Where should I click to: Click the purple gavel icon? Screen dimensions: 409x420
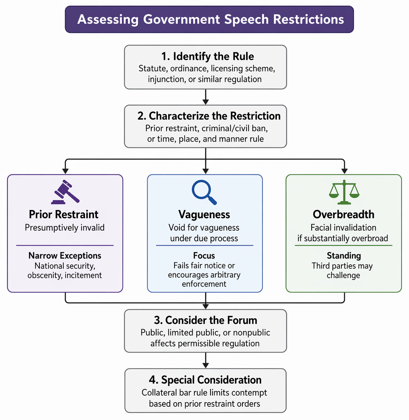point(65,192)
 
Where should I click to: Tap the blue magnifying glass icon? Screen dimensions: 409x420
point(204,192)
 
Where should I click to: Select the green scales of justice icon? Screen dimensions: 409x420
point(344,192)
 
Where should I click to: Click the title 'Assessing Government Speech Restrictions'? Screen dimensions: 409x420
point(211,19)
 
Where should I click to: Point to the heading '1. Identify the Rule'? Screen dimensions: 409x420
point(208,56)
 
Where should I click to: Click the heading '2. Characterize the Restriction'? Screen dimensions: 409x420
point(209,116)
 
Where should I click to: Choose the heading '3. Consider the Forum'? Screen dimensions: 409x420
point(206,320)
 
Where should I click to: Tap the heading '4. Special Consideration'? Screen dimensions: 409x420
point(205,380)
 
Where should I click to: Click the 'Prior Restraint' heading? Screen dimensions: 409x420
point(64,214)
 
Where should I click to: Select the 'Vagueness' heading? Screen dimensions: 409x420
point(204,215)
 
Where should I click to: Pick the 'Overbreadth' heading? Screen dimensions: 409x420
point(344,214)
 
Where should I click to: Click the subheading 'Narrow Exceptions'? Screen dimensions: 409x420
point(65,256)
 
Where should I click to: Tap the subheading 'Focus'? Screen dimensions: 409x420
point(204,256)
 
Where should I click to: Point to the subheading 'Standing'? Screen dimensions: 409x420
point(344,256)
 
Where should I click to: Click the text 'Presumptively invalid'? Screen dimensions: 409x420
point(65,228)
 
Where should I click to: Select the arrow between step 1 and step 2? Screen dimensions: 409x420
point(206,97)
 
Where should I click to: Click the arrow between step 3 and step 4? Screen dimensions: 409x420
point(206,360)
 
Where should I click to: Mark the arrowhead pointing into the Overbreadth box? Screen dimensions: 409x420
point(344,171)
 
